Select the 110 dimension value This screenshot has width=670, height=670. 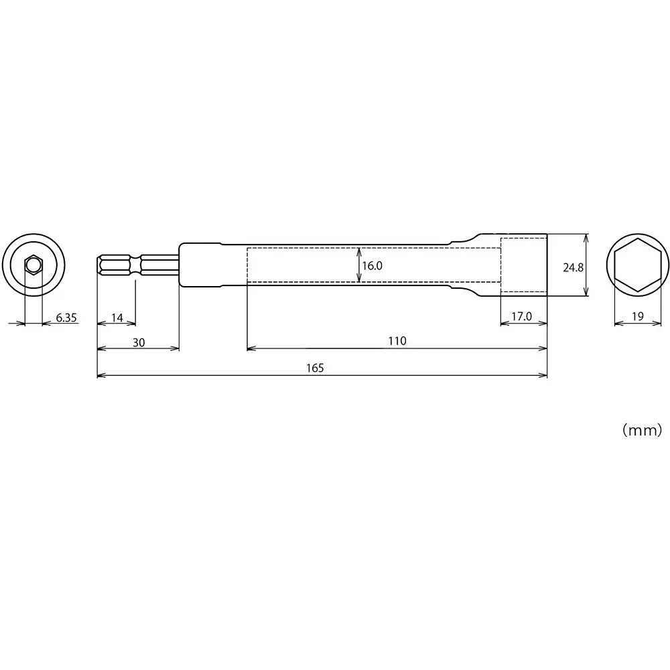click(397, 340)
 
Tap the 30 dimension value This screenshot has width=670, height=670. click(138, 342)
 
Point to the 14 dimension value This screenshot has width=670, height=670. click(117, 317)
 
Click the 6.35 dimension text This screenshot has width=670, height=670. click(66, 318)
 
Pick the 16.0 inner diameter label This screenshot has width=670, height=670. click(372, 265)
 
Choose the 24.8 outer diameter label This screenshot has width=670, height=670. click(573, 267)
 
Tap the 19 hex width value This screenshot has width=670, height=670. click(637, 316)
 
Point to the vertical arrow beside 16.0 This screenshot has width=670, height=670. click(358, 265)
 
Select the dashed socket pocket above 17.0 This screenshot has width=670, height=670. click(524, 265)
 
